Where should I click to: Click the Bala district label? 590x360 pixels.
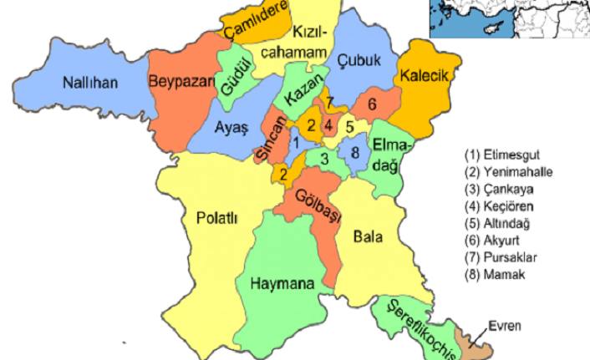pyautogui.click(x=369, y=236)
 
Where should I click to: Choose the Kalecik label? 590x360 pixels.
pyautogui.click(x=425, y=76)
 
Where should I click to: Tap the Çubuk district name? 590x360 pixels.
pyautogui.click(x=359, y=59)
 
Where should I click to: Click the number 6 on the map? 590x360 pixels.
pyautogui.click(x=372, y=104)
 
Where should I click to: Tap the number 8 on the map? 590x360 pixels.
pyautogui.click(x=355, y=152)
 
